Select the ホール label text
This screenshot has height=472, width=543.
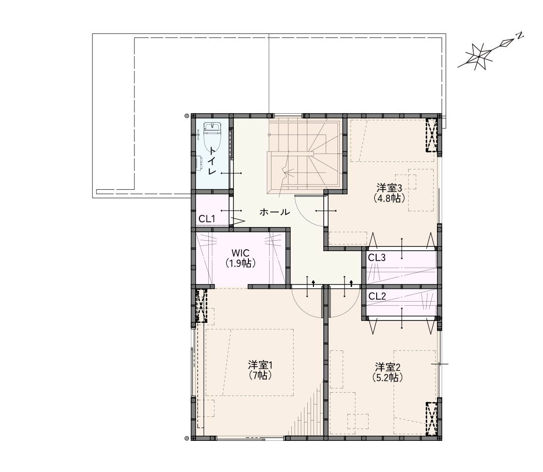275,212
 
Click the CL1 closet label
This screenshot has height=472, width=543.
207,219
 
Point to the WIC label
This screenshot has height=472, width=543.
240,253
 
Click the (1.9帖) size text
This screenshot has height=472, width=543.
240,263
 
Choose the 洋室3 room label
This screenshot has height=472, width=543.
389,188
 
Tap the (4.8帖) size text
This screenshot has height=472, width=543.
389,198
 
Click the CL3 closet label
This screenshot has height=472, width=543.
377,258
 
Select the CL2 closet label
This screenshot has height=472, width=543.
377,296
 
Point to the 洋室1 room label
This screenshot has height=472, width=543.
260,365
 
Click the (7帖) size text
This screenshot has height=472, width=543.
260,375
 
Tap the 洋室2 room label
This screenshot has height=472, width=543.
387,367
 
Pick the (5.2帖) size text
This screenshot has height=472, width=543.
387,377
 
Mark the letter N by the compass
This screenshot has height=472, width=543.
519,35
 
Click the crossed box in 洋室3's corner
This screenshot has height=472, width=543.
431,135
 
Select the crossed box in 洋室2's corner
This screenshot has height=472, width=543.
431,419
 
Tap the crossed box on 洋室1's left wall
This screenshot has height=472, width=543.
201,306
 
